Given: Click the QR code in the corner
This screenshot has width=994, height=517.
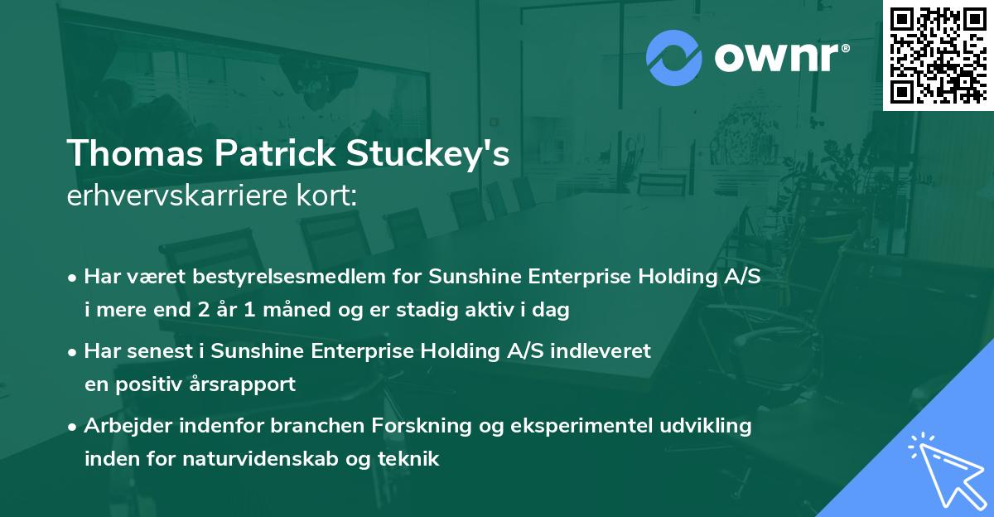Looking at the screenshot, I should click(x=939, y=55).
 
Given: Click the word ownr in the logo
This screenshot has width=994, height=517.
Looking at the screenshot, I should click(x=781, y=57).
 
